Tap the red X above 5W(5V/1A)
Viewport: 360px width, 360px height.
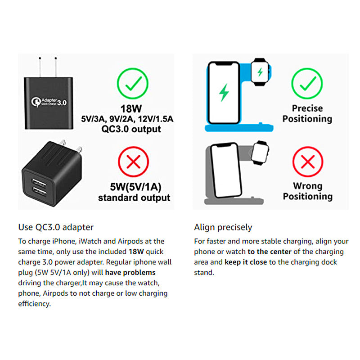(x=133, y=162)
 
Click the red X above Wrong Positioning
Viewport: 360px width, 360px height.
(x=308, y=162)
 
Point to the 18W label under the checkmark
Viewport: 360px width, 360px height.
(x=131, y=108)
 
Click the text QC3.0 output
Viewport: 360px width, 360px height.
(x=131, y=129)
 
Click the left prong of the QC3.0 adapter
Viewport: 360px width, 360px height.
(x=40, y=67)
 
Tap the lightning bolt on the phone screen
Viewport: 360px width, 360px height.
(x=224, y=92)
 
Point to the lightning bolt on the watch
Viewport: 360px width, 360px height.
(x=260, y=72)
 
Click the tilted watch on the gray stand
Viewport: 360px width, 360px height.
(x=260, y=153)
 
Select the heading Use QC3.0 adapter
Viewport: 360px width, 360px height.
(x=56, y=227)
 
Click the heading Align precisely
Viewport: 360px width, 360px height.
(x=223, y=228)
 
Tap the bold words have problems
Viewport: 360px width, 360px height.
(x=130, y=273)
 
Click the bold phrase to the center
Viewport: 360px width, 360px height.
(x=270, y=252)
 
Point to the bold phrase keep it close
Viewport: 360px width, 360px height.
(x=246, y=262)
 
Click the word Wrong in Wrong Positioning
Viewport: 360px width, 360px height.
(x=308, y=186)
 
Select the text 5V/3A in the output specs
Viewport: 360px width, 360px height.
(x=93, y=119)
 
